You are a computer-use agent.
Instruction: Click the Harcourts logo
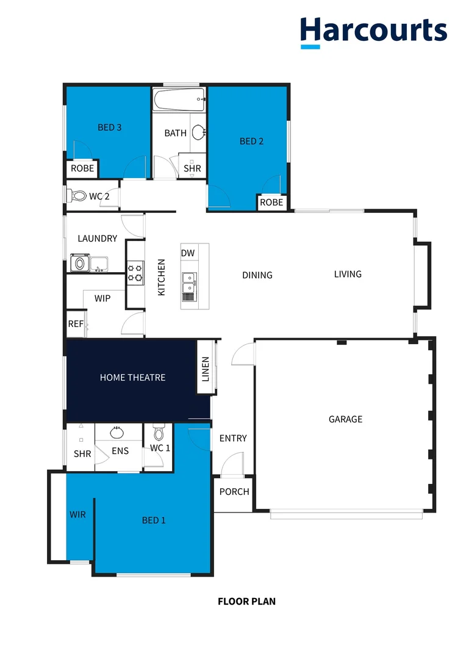(x=373, y=32)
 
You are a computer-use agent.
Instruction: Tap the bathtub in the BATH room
(x=179, y=100)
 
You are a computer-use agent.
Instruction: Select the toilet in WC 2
(x=77, y=196)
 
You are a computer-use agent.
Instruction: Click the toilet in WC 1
(x=159, y=433)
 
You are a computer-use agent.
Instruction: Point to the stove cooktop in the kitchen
(x=135, y=272)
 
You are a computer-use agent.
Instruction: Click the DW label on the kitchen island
(x=187, y=253)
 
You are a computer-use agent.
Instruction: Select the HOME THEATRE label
(x=132, y=378)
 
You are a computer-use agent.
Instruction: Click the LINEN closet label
(x=206, y=369)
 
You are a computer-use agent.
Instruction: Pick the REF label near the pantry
(x=75, y=324)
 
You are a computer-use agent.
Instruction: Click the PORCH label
(x=234, y=491)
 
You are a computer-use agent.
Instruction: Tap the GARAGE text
(x=345, y=419)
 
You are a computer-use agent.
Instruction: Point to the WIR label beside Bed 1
(x=77, y=514)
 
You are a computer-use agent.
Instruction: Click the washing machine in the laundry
(x=78, y=264)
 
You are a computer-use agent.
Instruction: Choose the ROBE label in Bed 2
(x=271, y=202)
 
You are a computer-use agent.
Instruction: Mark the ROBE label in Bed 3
(x=82, y=168)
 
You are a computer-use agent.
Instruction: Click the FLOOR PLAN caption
(x=246, y=601)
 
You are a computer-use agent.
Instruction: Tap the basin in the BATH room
(x=198, y=132)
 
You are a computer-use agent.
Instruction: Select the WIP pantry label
(x=102, y=298)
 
